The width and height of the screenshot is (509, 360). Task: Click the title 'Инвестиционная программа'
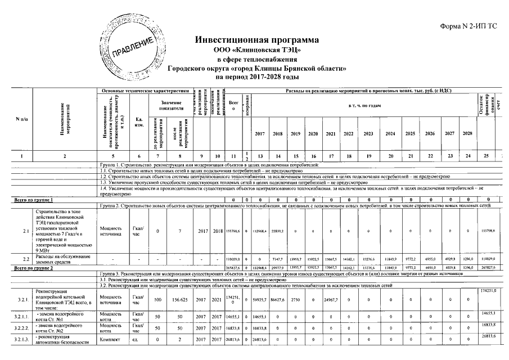[x=257, y=40]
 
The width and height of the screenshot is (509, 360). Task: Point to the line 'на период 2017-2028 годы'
[x=257, y=76]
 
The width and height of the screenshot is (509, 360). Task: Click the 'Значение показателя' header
[x=168, y=105]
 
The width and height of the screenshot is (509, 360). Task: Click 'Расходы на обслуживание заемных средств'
[x=60, y=259]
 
